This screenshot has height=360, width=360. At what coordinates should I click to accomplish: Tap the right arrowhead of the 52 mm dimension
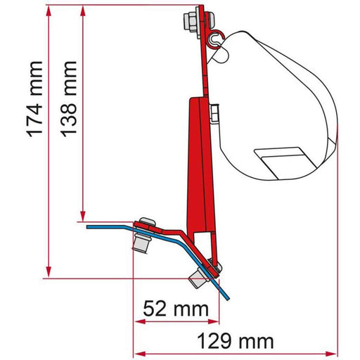tap(212, 322)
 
